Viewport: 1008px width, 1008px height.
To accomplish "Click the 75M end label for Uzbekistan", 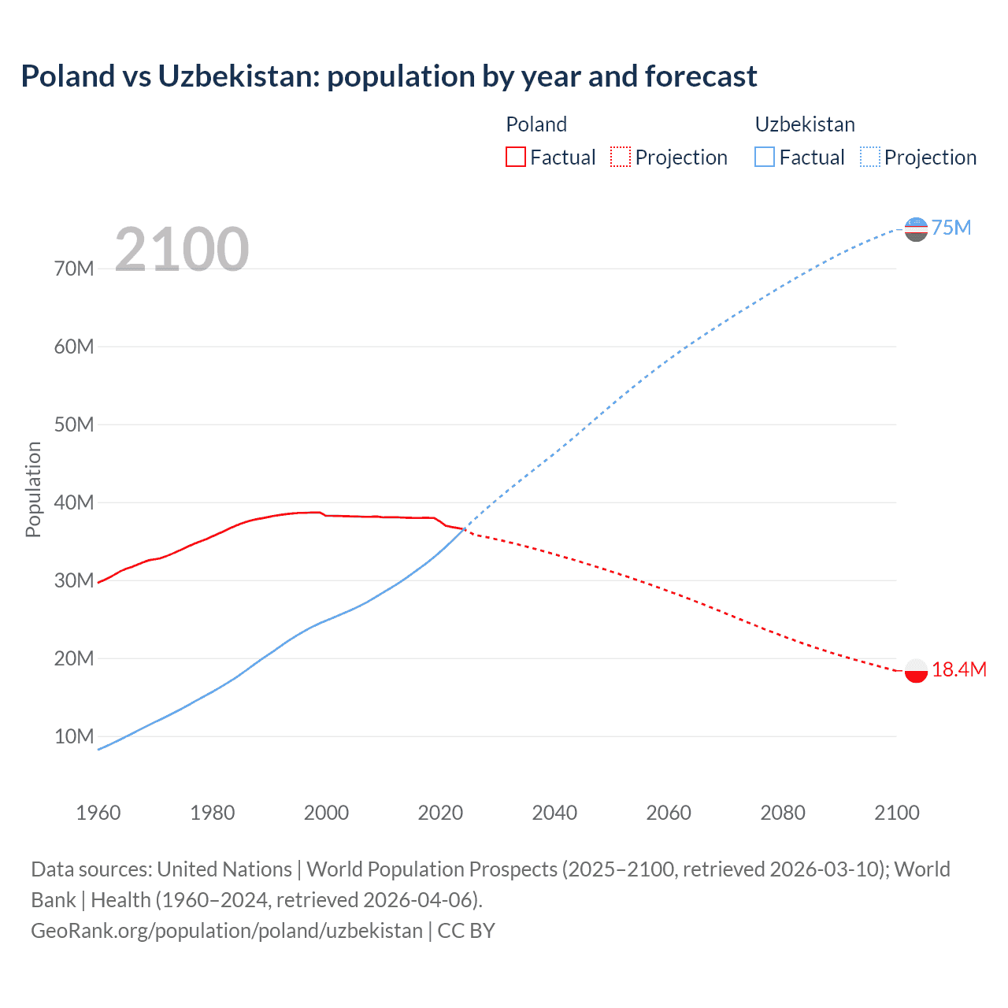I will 951,228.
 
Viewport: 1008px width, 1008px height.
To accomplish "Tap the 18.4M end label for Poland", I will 958,669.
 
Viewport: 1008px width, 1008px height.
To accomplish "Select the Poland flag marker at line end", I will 916,670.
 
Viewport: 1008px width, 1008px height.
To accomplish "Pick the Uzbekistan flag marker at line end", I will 916,229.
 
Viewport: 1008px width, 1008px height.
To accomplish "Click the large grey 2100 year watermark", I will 182,250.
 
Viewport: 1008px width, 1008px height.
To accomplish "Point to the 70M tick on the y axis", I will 74,269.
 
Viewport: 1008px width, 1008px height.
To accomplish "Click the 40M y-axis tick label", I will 74,502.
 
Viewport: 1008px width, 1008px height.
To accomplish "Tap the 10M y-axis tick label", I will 74,736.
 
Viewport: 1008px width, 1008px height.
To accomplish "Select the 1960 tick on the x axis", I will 98,813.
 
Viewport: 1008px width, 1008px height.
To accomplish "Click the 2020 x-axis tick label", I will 440,813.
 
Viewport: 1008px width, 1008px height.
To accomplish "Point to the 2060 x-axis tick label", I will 669,813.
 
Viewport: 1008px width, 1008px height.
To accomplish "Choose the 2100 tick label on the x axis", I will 896,813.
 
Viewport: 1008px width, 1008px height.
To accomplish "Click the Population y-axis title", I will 33,489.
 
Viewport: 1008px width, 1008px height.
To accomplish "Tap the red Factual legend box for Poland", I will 515,157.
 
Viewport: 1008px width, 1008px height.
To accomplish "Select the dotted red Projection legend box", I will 621,157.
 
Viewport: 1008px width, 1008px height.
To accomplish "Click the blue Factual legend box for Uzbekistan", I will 764,157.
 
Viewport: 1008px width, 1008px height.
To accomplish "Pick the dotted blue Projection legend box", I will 870,157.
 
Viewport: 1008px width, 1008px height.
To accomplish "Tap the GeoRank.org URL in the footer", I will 227,930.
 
